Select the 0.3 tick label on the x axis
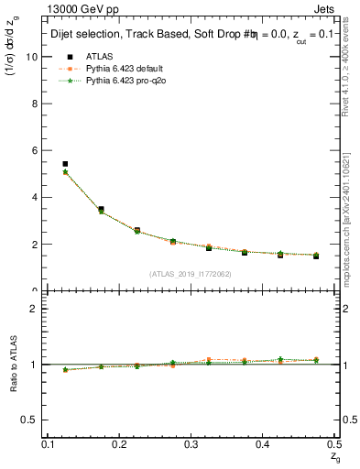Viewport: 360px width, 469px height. (x=191, y=443)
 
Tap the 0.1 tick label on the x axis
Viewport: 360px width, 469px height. (x=48, y=443)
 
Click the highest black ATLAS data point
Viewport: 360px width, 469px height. (x=65, y=164)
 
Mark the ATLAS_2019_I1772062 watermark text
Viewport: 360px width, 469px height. (x=191, y=273)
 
